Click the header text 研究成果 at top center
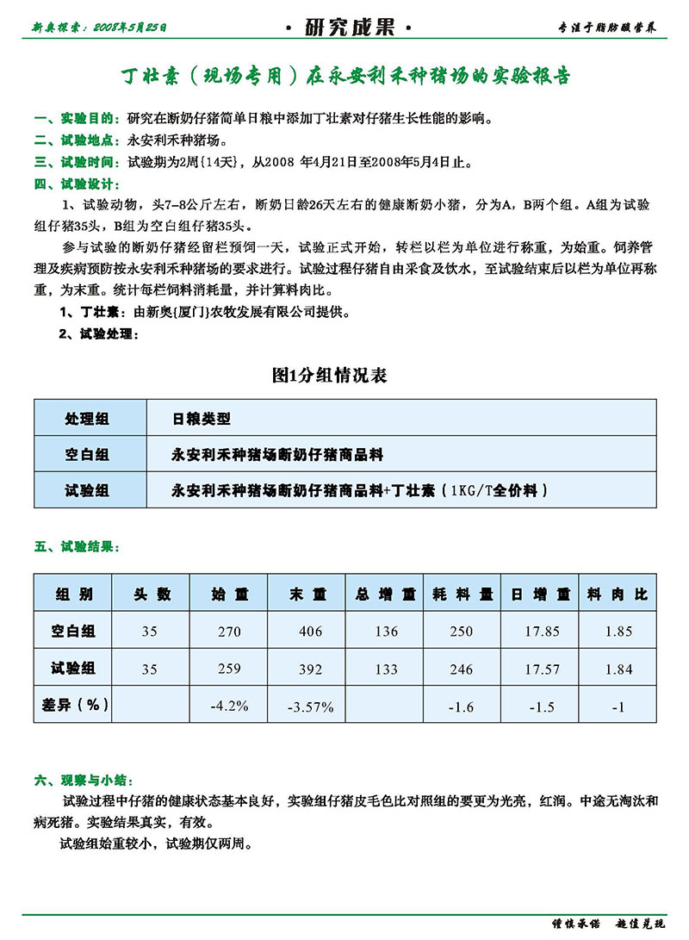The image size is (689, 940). tap(349, 28)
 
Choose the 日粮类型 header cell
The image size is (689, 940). tap(202, 419)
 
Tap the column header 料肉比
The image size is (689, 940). tap(618, 595)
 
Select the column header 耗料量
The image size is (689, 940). tap(462, 595)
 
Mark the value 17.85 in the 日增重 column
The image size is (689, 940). tap(543, 632)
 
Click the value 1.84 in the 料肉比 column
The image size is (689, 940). tap(618, 669)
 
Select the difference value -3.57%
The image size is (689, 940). tap(310, 707)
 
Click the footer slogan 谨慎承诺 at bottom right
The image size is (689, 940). tap(576, 924)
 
